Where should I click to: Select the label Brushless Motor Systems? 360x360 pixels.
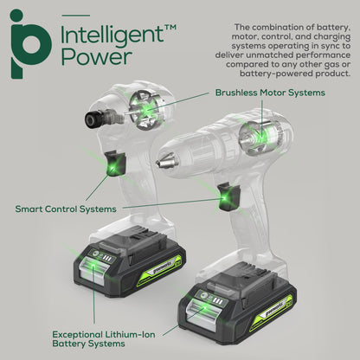point(271,93)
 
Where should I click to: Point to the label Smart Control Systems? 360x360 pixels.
point(66,209)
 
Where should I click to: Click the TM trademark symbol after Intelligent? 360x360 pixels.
point(170,28)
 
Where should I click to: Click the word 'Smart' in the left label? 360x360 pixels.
point(33,209)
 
